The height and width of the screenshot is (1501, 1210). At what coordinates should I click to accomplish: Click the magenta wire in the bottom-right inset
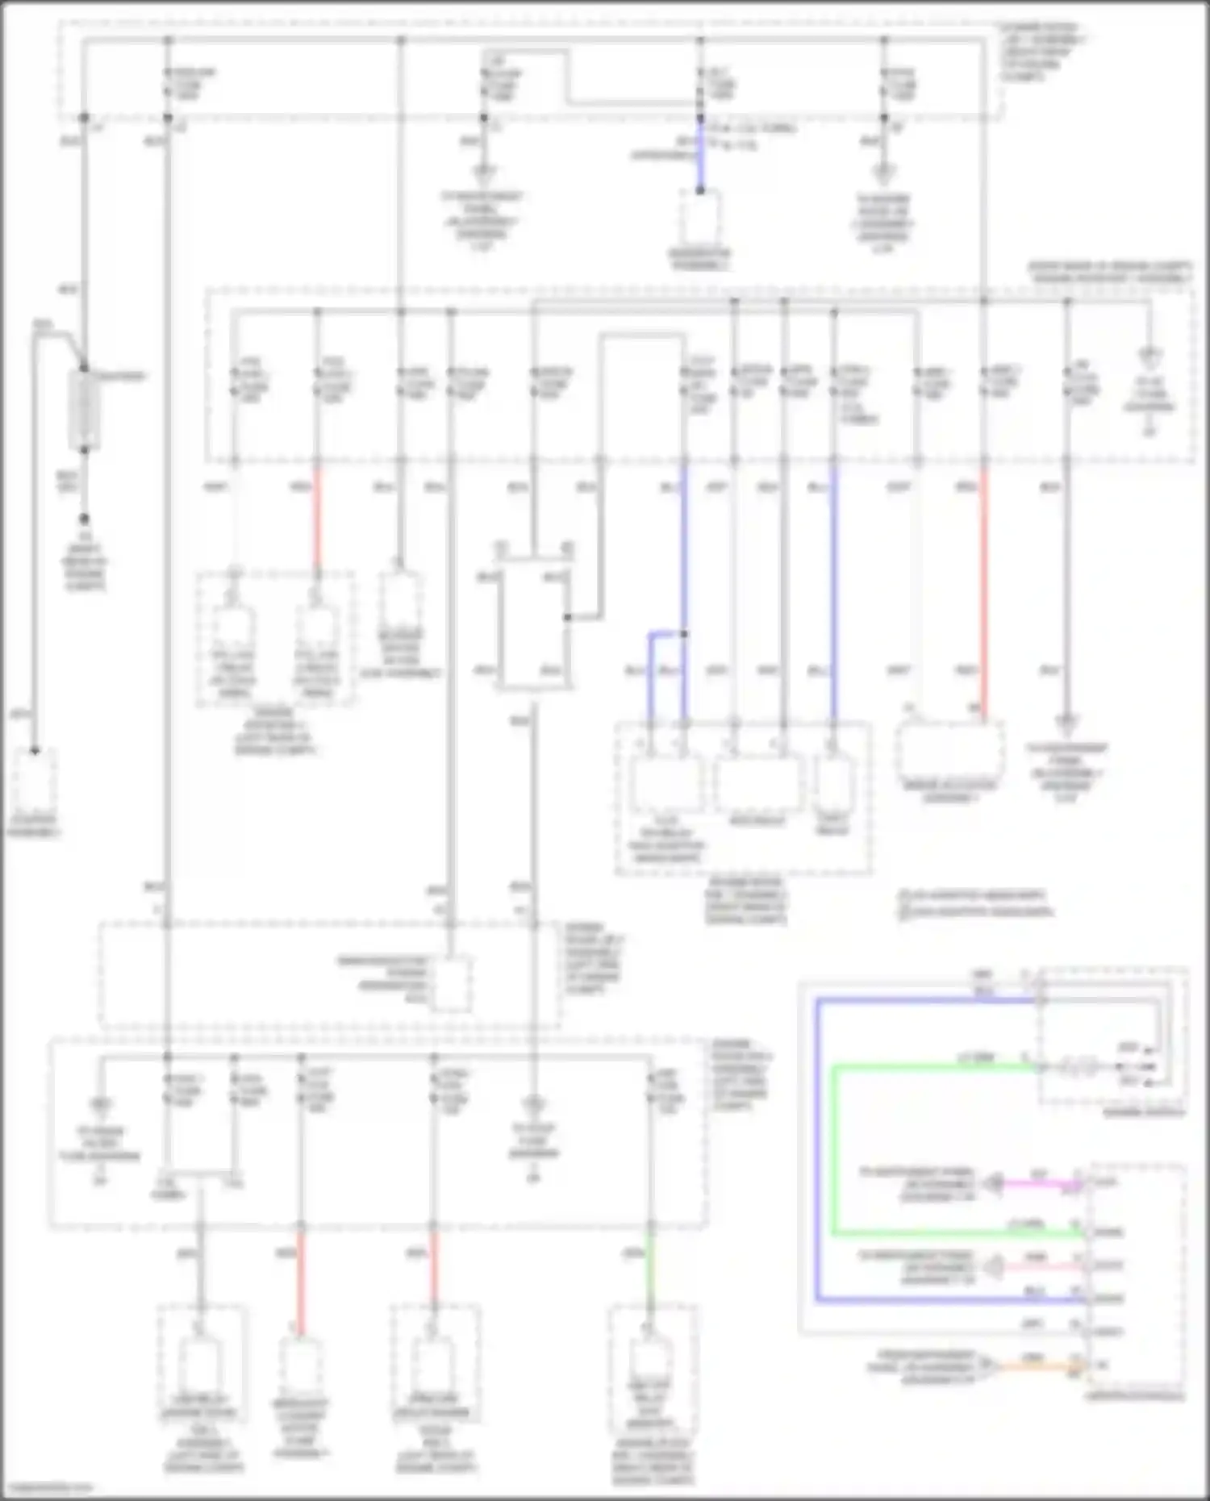(1041, 1184)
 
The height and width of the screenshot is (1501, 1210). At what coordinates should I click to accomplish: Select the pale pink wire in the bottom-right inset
(1041, 1266)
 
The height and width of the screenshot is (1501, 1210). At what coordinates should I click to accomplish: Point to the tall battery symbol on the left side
(85, 410)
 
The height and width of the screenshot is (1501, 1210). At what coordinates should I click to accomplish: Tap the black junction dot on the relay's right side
(568, 618)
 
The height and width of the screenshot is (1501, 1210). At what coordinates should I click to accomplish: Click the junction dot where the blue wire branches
(684, 635)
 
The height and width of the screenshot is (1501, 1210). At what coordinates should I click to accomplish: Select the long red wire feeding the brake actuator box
(983, 589)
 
